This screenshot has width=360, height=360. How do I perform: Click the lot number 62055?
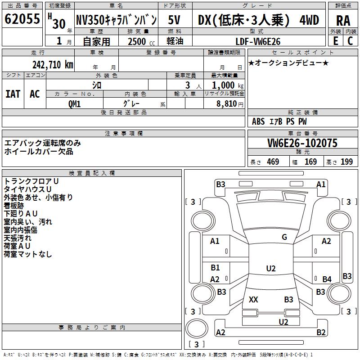tap(22, 19)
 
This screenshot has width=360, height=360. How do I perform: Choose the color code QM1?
tap(75, 103)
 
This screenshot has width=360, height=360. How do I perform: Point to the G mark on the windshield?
tap(284, 237)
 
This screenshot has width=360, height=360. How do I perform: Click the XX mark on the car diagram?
tap(253, 300)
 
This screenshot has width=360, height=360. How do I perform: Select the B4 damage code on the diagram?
tap(327, 279)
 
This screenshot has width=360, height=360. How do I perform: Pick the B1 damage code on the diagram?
tap(215, 268)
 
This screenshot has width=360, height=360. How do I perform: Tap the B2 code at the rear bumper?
tap(321, 333)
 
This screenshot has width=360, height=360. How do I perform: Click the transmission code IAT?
tap(13, 94)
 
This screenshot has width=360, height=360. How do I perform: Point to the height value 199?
tap(346, 162)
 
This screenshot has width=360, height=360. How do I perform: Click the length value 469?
tap(273, 162)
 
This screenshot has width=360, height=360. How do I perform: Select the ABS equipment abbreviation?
tap(258, 121)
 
